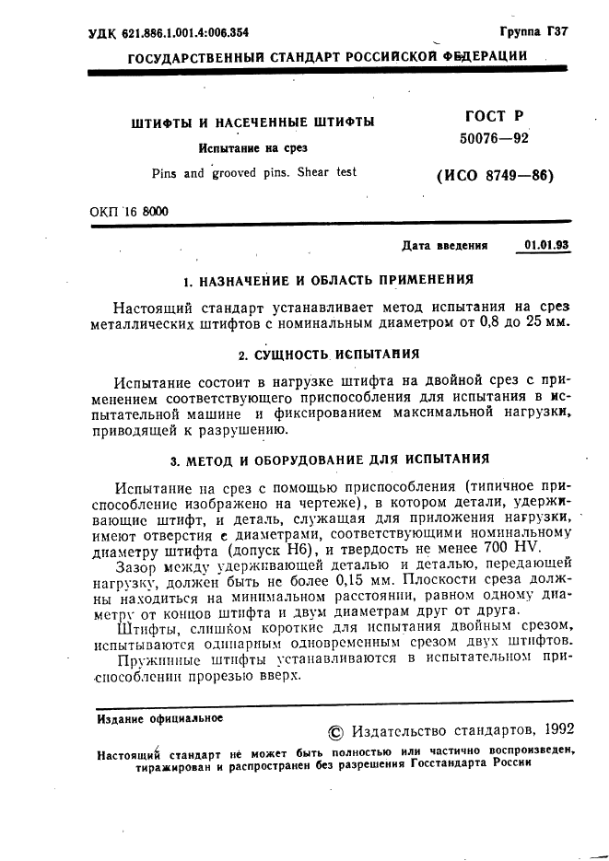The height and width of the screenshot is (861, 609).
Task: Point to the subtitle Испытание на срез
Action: click(253, 147)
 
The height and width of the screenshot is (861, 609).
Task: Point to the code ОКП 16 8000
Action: click(129, 211)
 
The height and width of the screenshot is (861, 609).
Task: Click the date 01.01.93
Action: click(546, 245)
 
